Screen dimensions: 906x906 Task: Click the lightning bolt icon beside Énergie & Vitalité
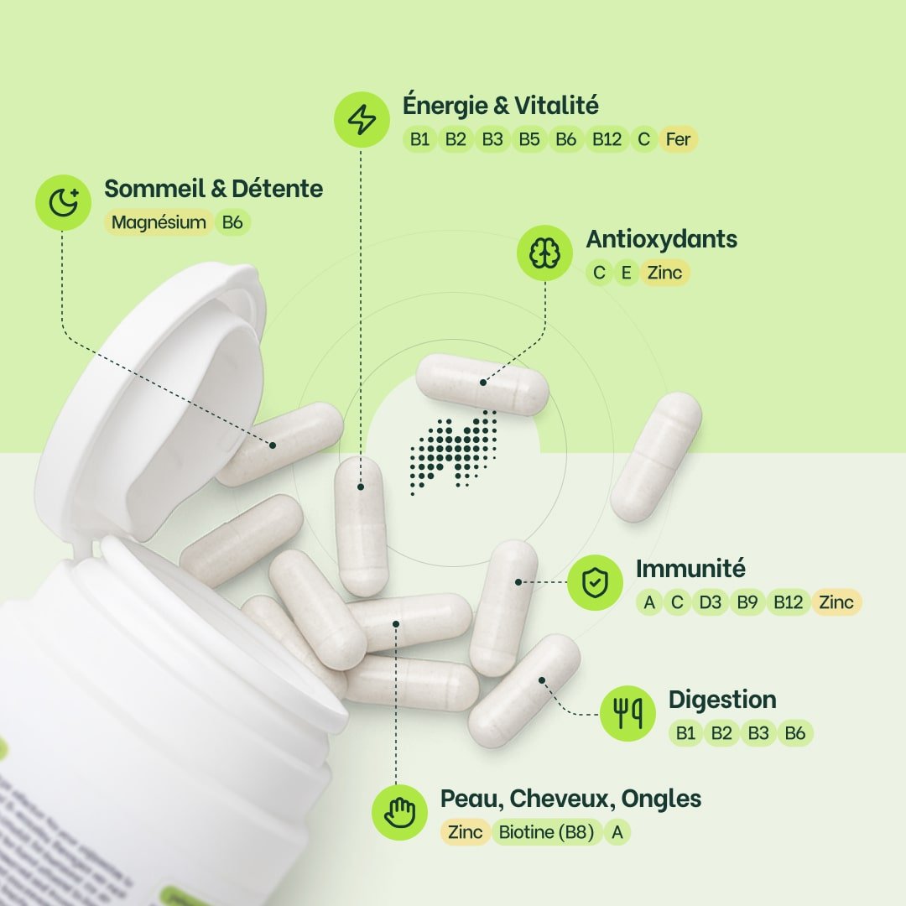362,120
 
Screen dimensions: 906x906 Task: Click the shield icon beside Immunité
595,583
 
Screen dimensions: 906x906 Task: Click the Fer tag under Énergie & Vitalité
678,139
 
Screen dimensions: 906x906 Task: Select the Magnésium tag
159,222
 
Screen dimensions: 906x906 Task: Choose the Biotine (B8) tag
546,832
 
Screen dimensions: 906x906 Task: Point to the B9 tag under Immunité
747,602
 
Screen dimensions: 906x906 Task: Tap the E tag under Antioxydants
625,273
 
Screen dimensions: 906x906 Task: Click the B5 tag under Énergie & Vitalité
528,139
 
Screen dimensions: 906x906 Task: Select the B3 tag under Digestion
758,733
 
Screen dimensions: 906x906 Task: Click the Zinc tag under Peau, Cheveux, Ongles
465,832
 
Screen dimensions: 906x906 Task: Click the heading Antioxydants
661,239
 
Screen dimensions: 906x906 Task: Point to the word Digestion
721,700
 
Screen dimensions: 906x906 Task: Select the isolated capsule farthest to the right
656,456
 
